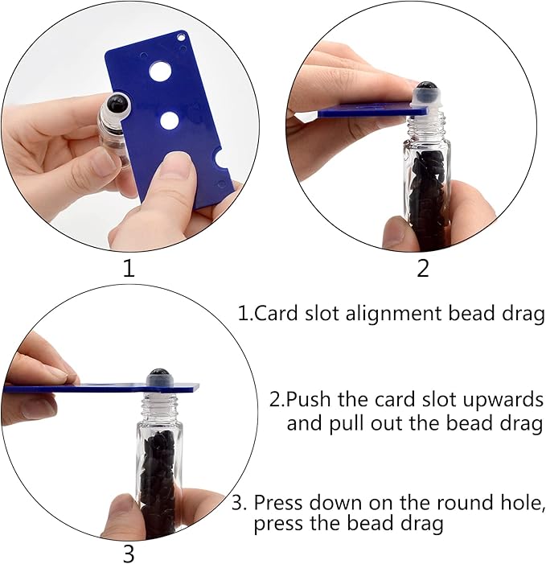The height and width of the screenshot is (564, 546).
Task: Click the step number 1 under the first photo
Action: point(129,269)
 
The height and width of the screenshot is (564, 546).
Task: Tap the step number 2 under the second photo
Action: point(423,269)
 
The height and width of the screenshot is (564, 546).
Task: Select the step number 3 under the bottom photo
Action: point(129,554)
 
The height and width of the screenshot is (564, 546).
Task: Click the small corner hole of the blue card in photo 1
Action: point(180,37)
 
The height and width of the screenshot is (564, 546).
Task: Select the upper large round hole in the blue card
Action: point(160,71)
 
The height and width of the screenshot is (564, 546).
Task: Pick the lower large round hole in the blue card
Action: point(169,121)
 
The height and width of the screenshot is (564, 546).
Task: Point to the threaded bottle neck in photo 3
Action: point(159,407)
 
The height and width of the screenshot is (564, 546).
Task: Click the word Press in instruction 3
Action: point(278,502)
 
